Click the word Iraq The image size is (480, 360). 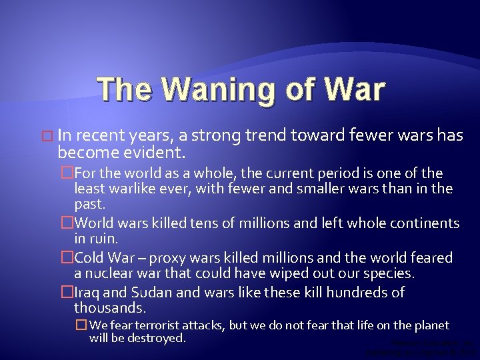click(89, 292)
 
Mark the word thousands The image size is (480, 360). click(109, 309)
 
